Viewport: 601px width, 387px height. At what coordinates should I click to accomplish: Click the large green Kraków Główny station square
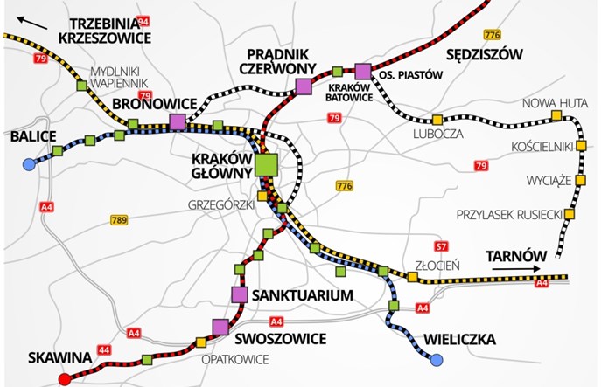[266, 163]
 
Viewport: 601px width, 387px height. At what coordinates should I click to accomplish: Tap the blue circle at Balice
[29, 163]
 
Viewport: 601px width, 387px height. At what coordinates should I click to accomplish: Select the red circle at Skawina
[64, 378]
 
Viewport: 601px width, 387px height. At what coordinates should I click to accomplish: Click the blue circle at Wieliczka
[433, 356]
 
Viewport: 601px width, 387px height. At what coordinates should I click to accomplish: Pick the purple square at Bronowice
[178, 121]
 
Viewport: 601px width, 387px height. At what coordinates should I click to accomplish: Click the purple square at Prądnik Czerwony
[304, 86]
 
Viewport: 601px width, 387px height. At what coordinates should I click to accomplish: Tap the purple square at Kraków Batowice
[363, 70]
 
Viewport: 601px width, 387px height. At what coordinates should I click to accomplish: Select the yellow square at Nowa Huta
[556, 115]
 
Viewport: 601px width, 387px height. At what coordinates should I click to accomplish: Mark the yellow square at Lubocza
[437, 118]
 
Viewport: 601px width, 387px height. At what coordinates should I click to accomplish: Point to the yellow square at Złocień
[412, 277]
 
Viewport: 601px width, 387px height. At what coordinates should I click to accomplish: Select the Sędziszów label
[483, 55]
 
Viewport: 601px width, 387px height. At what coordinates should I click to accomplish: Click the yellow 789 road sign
[120, 220]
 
